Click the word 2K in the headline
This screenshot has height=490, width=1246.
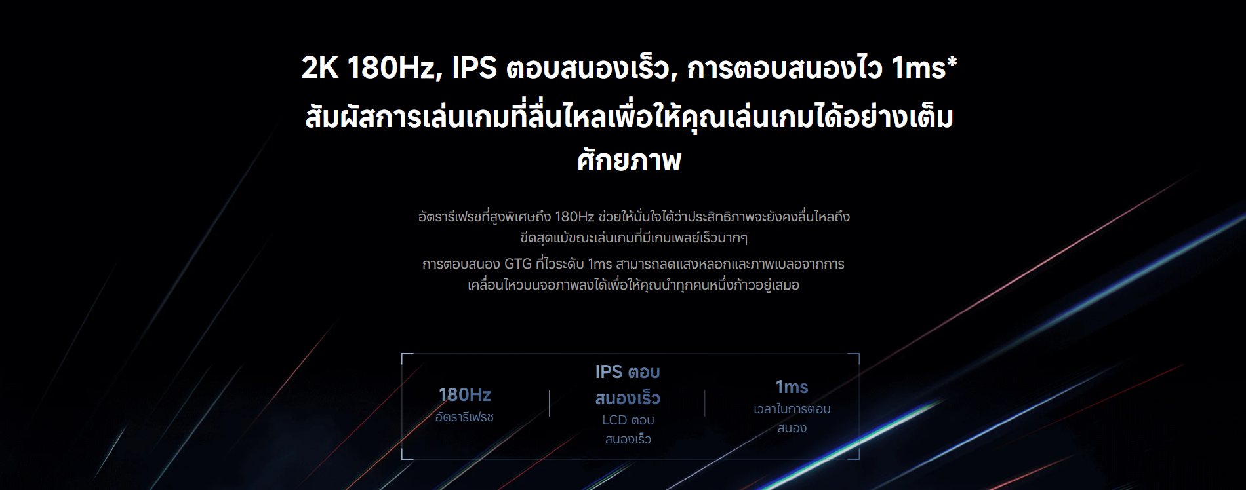pyautogui.click(x=320, y=67)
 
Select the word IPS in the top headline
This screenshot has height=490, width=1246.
pyautogui.click(x=475, y=67)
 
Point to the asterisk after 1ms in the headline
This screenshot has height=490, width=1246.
pyautogui.click(x=952, y=62)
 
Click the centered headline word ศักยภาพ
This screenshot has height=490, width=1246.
pyautogui.click(x=630, y=160)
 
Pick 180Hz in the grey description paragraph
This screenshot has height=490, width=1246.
pyautogui.click(x=574, y=217)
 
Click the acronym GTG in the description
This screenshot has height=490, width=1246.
pyautogui.click(x=517, y=264)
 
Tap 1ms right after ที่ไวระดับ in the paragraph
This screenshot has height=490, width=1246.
pyautogui.click(x=600, y=264)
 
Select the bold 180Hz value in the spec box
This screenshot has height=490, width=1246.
pyautogui.click(x=465, y=394)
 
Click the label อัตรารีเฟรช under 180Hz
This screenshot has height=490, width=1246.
pyautogui.click(x=464, y=417)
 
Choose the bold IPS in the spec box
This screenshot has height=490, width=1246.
pyautogui.click(x=609, y=372)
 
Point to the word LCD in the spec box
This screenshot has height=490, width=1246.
pyautogui.click(x=614, y=420)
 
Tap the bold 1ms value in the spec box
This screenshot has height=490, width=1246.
pyautogui.click(x=792, y=387)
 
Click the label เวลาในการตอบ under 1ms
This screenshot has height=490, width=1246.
pyautogui.click(x=792, y=409)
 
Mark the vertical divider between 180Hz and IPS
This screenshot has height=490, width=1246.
pyautogui.click(x=550, y=404)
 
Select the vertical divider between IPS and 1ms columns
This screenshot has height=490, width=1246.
pyautogui.click(x=705, y=404)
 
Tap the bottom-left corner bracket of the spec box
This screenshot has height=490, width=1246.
pyautogui.click(x=402, y=459)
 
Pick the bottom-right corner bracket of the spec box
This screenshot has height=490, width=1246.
pyautogui.click(x=858, y=459)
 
